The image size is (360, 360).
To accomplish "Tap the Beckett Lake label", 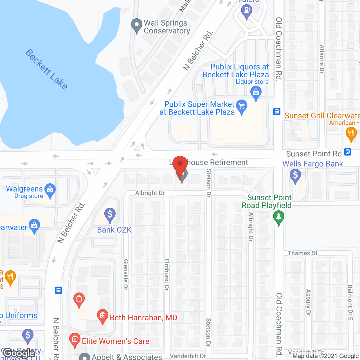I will pos(46,69).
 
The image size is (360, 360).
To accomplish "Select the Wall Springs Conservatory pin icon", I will pos(137,25).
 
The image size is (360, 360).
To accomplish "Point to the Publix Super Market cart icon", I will pos(242,107).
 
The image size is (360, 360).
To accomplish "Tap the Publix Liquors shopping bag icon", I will pos(256,93).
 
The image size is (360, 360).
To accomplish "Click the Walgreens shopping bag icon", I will pos(50,190).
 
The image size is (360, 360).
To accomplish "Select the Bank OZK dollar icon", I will pos(110,215).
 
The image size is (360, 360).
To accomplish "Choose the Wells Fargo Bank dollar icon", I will pos(295,176).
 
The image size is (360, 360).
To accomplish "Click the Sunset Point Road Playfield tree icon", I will pos(278,217).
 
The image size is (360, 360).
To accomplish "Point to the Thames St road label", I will pos(302,253).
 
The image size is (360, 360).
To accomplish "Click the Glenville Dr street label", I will pos(126,274).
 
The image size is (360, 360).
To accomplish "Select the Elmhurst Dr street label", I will pos(166,274).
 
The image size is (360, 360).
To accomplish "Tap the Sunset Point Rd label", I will pos(314,154).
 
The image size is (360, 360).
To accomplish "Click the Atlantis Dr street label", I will pos(322,59).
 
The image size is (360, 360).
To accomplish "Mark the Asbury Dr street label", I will pos(308,303).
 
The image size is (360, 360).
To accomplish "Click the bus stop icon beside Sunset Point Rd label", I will pos(348,152).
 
